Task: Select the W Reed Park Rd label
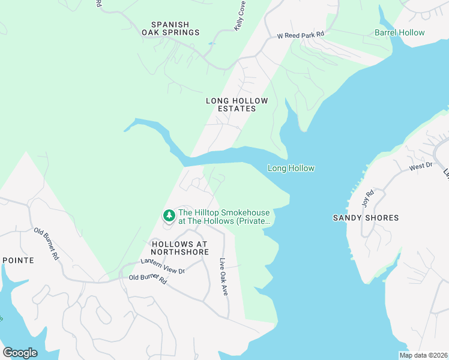pos(300,35)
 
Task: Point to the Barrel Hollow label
pos(399,33)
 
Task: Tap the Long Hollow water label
pos(291,169)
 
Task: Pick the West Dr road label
pos(421,166)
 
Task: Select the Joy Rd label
pos(367,197)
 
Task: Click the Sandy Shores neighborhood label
pos(366,218)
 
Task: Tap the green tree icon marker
pos(169,215)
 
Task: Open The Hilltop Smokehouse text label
pos(224,217)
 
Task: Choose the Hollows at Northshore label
pos(179,248)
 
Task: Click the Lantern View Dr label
pos(163,266)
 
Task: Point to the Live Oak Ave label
pos(224,276)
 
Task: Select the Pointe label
pos(18,260)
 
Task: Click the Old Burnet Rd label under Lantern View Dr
pos(148,278)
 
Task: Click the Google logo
pos(20,353)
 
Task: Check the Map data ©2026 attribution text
pos(423,355)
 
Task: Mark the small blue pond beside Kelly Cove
pos(211,43)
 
